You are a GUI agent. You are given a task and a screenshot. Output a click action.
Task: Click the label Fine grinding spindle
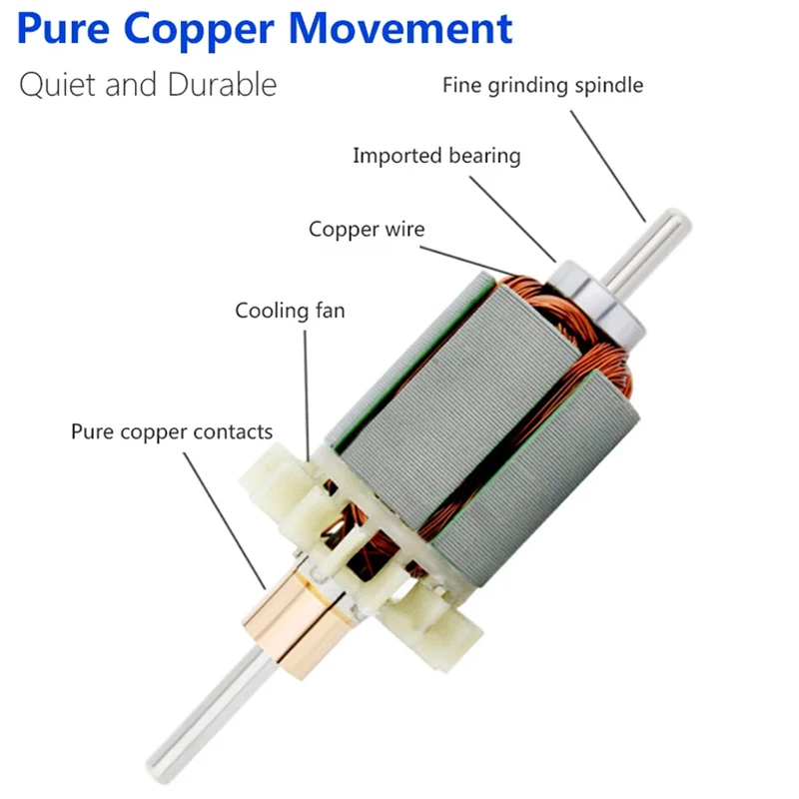click(x=543, y=85)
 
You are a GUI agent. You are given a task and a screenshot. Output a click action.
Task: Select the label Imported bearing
click(x=436, y=156)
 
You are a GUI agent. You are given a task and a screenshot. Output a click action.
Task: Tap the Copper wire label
click(x=366, y=229)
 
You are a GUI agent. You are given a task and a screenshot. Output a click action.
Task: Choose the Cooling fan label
click(x=290, y=311)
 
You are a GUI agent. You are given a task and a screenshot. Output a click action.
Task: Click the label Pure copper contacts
click(x=171, y=432)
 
